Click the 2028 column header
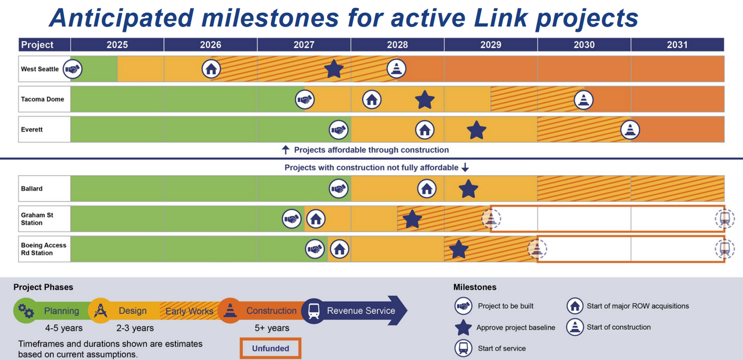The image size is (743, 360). point(397,45)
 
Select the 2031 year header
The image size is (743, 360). point(677,45)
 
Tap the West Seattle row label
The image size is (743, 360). point(40,69)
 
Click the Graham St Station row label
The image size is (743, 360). point(37,219)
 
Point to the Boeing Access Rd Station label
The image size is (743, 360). point(44,249)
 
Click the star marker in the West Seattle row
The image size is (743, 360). point(334,69)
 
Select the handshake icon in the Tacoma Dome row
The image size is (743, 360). point(305,99)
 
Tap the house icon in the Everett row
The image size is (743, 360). point(424,130)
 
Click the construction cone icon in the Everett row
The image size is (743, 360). point(630,130)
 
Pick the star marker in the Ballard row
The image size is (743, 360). point(468,188)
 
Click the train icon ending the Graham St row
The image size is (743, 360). point(724,219)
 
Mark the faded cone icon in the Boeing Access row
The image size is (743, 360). point(537,249)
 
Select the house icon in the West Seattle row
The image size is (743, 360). point(211,69)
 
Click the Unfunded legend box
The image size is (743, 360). point(270,348)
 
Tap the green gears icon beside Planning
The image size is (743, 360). point(25,311)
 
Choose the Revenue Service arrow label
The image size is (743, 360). point(361,311)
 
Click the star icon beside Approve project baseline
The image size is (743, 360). point(464,328)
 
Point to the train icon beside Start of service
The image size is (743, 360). point(464,348)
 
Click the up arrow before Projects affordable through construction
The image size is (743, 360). point(285,150)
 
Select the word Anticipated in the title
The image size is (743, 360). point(122,18)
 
